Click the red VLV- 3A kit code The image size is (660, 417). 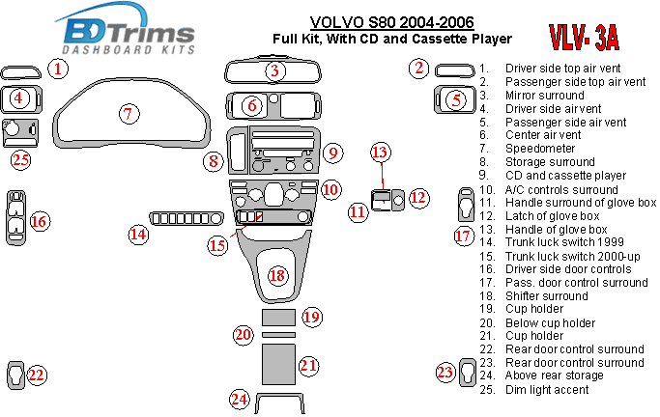[x=584, y=38]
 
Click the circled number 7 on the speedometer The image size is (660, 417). [x=129, y=114]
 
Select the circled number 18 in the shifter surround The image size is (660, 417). [x=277, y=276]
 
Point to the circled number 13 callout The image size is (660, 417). [x=381, y=153]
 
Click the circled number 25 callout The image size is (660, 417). [x=20, y=160]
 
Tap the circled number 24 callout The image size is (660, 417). [x=240, y=399]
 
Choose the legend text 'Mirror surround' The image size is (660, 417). [x=545, y=95]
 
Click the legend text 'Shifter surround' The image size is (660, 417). [x=546, y=296]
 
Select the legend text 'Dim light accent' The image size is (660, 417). [x=547, y=390]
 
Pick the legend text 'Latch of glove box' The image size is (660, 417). [x=552, y=216]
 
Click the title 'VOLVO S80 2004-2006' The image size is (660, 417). [x=392, y=22]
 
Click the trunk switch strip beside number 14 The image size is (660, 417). [x=187, y=218]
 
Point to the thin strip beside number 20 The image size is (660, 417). [x=278, y=335]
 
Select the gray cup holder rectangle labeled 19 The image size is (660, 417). [x=278, y=318]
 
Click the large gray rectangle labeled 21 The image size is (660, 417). [x=278, y=364]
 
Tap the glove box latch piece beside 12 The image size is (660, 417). [x=398, y=200]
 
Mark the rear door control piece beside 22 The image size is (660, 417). [x=16, y=375]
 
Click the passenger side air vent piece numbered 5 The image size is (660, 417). [x=438, y=100]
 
